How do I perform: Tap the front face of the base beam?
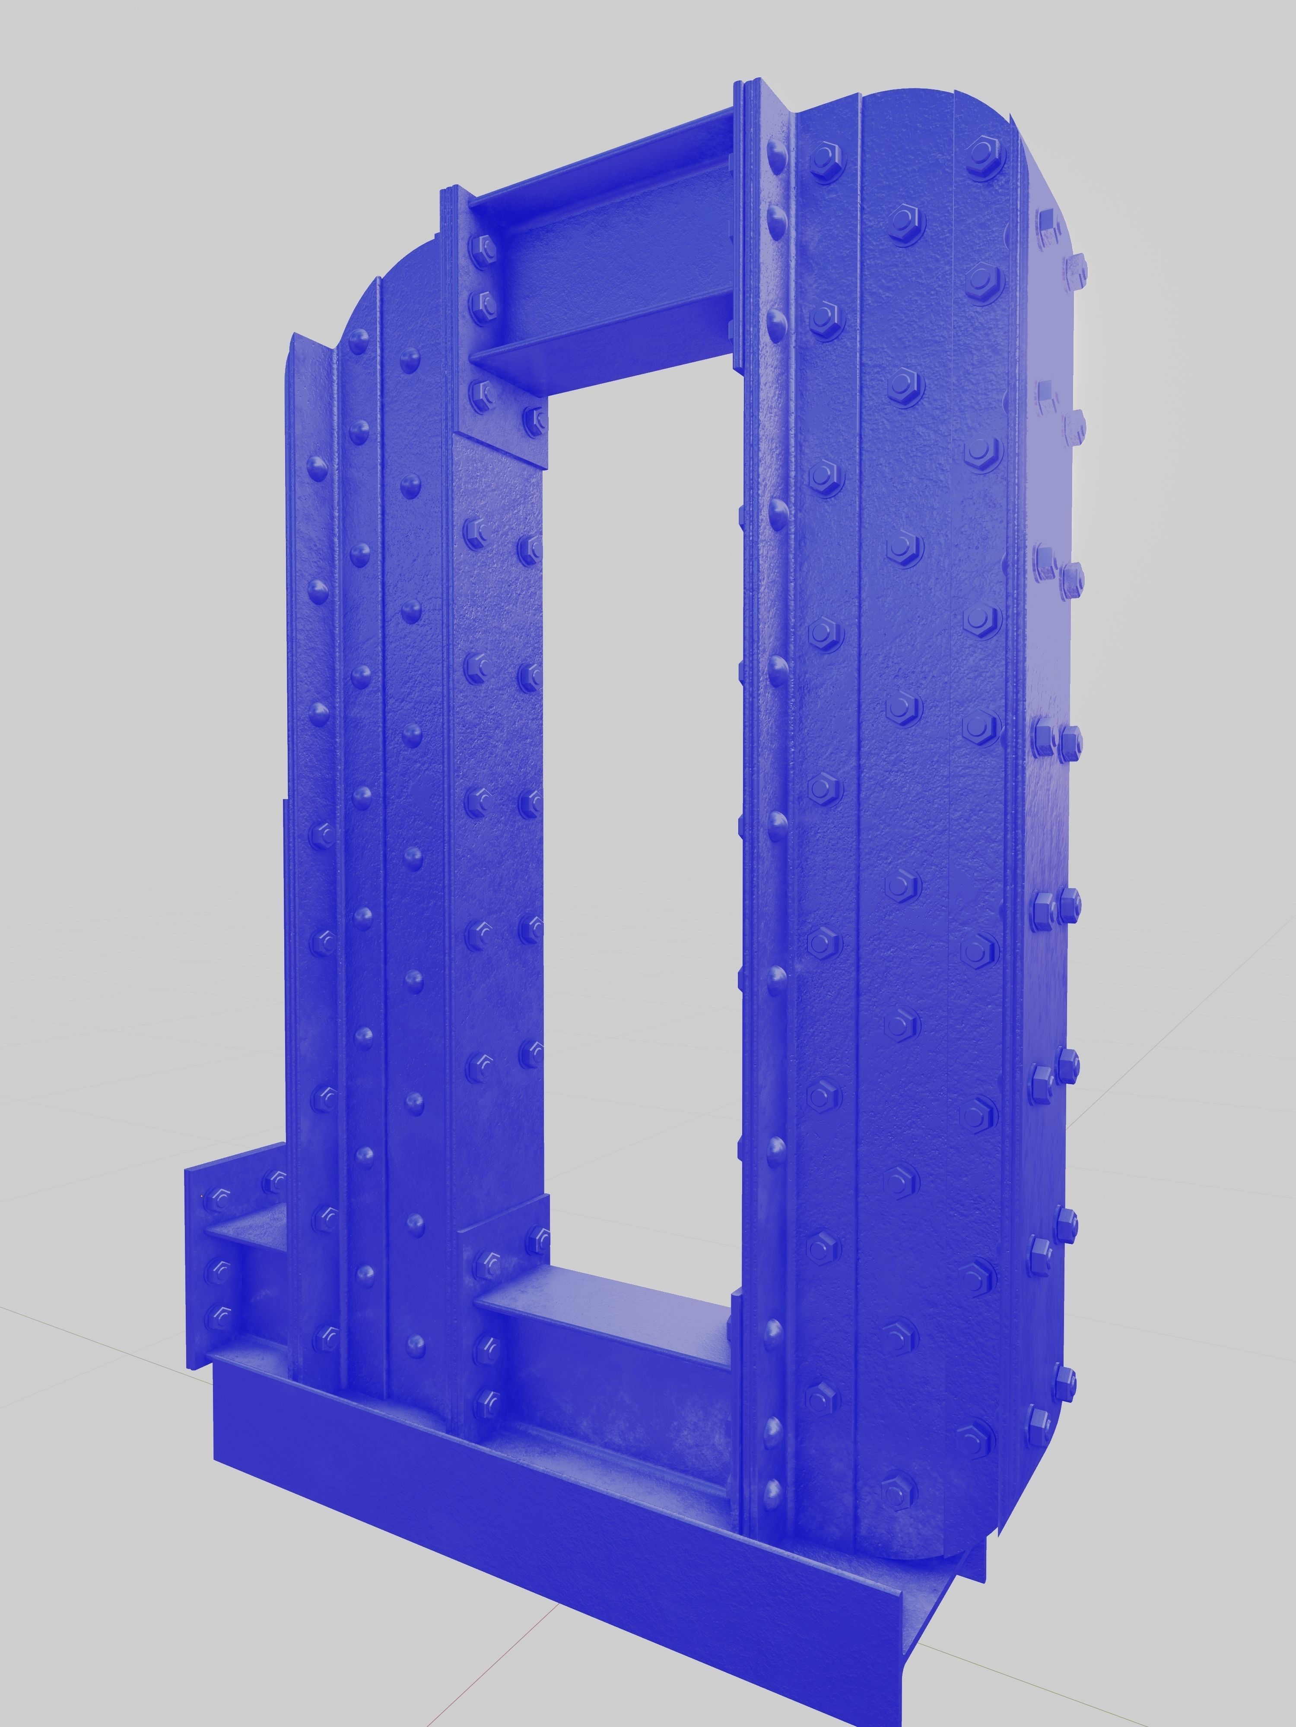point(547,1530)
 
